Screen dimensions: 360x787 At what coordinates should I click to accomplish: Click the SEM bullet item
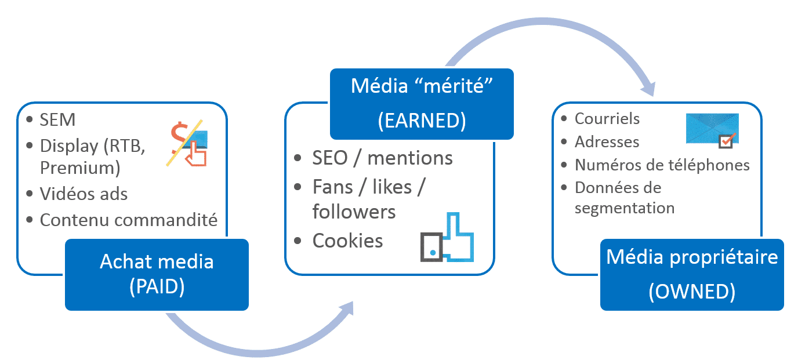click(x=57, y=120)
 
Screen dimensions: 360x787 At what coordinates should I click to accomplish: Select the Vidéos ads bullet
click(x=84, y=194)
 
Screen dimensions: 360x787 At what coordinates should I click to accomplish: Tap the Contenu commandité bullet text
click(x=128, y=220)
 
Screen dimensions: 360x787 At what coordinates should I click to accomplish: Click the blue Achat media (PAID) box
click(x=157, y=274)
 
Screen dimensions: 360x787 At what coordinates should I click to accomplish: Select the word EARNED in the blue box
click(x=422, y=121)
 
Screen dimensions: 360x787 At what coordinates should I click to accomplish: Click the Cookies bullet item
click(x=347, y=241)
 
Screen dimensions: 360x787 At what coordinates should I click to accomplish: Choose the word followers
click(x=354, y=212)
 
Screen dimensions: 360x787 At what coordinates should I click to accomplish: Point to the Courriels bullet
click(x=607, y=118)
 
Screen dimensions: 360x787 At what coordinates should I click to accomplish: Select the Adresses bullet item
click(x=607, y=141)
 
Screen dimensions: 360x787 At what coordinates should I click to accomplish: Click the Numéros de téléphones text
click(x=662, y=165)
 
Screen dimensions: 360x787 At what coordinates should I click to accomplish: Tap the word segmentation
click(x=624, y=208)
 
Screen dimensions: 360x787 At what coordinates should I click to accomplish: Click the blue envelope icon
click(x=711, y=126)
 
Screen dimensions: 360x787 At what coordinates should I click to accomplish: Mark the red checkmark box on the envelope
click(x=727, y=140)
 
